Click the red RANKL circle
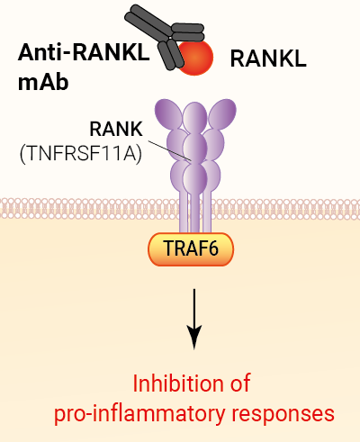point(196,58)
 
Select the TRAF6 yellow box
point(191,249)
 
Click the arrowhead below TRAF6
point(194,337)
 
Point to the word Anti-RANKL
point(84,52)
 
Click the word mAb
point(43,82)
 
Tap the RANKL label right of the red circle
point(268,59)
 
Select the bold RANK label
point(116,129)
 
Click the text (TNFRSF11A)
point(81,154)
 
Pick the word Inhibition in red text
point(177,383)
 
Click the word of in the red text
point(240,383)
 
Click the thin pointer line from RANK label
point(170,150)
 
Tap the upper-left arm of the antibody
point(147,22)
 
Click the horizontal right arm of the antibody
point(188,32)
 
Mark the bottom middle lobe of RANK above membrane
point(195,176)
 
